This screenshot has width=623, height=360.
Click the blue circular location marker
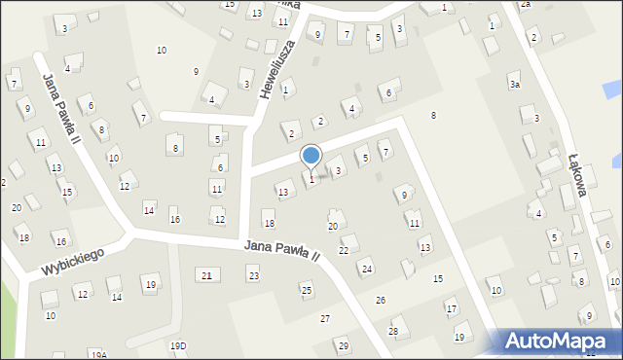[x=311, y=156]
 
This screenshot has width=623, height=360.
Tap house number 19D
[x=178, y=345]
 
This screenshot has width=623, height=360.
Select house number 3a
[x=515, y=86]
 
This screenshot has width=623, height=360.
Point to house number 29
[x=343, y=345]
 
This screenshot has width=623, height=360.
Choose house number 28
[x=393, y=331]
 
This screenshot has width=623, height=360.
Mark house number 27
[x=325, y=318]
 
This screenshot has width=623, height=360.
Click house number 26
[x=381, y=300]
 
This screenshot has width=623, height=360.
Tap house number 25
[x=306, y=290]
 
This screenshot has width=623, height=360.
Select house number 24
[x=366, y=269]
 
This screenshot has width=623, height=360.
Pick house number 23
[x=253, y=277]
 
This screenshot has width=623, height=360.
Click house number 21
[x=206, y=276]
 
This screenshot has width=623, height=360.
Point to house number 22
[x=343, y=250]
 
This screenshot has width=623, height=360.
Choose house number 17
[x=451, y=310]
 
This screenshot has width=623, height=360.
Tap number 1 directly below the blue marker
[x=311, y=179]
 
